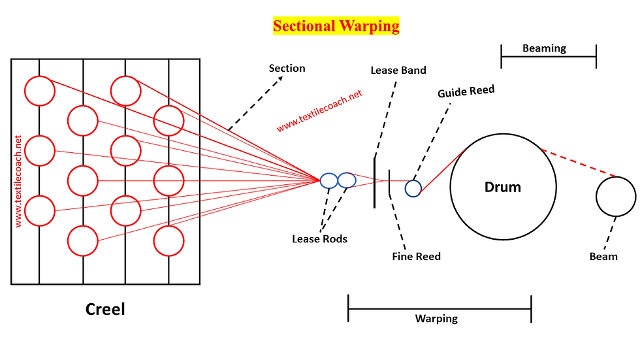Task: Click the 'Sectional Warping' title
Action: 336,25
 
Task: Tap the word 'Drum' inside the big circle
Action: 502,187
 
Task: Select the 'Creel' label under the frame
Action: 105,309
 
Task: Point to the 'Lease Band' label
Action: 398,70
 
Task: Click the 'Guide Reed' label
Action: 466,91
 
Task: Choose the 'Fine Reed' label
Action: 417,256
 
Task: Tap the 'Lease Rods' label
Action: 319,238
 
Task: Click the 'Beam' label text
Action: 603,256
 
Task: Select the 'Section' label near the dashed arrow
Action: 287,68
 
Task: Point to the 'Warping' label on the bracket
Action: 436,318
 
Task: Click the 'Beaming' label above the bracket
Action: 544,48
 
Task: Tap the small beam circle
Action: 616,177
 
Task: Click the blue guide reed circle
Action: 413,181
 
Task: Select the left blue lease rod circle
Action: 328,174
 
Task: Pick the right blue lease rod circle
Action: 347,172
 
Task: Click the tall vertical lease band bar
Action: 375,182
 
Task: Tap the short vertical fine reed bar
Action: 389,182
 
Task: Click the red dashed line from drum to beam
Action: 579,163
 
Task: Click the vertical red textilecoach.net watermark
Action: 18,181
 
